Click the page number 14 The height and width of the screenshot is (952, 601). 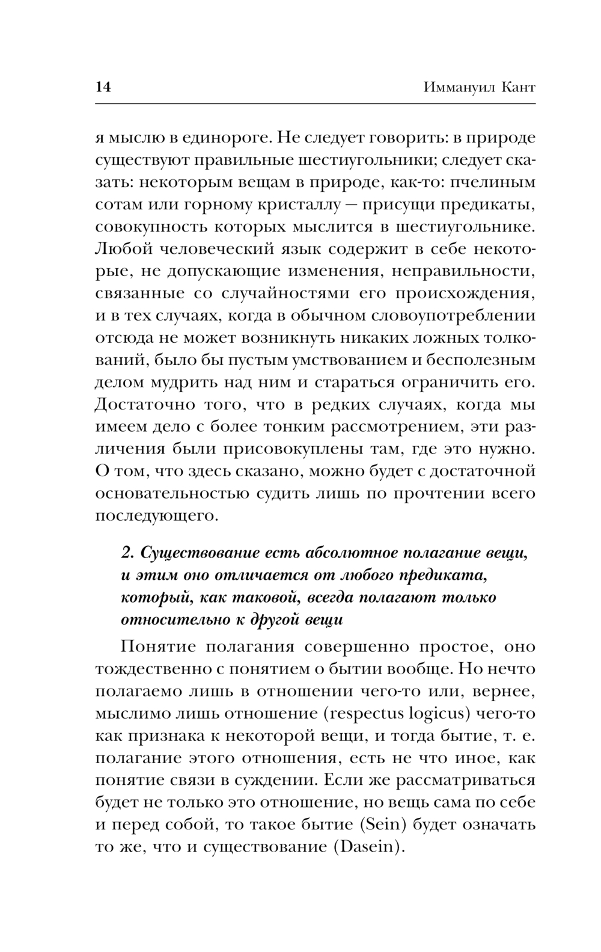click(x=103, y=87)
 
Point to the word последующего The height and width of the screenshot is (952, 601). click(x=157, y=516)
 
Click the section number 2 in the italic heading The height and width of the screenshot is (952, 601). click(x=126, y=553)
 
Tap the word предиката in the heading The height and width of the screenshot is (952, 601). click(x=442, y=576)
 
